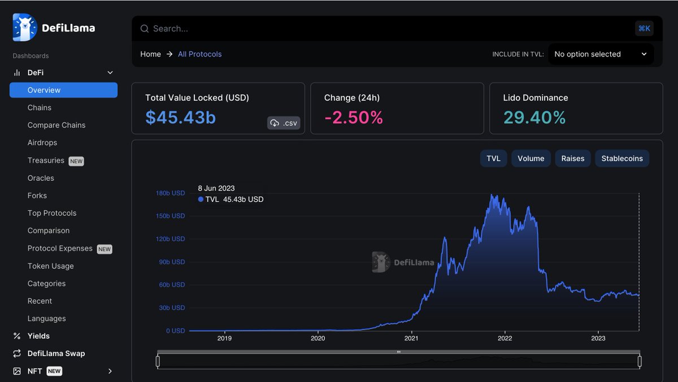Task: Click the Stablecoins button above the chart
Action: point(622,159)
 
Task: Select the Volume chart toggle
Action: point(531,159)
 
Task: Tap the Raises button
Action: point(572,159)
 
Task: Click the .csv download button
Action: point(284,123)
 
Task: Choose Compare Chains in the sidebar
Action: point(56,125)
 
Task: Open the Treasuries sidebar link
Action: point(46,160)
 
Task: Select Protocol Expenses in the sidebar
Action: point(60,249)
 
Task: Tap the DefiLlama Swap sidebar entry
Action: point(56,354)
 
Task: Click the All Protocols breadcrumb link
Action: point(199,54)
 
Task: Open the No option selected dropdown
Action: point(601,54)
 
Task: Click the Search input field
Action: point(384,29)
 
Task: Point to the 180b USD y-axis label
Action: point(170,193)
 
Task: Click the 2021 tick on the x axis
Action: point(411,338)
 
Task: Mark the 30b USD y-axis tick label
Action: point(171,308)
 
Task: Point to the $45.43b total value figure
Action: point(180,118)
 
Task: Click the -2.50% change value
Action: point(353,118)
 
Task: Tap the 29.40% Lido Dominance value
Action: point(534,118)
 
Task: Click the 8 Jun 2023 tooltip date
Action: point(216,188)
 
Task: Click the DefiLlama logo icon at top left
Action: point(25,28)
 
